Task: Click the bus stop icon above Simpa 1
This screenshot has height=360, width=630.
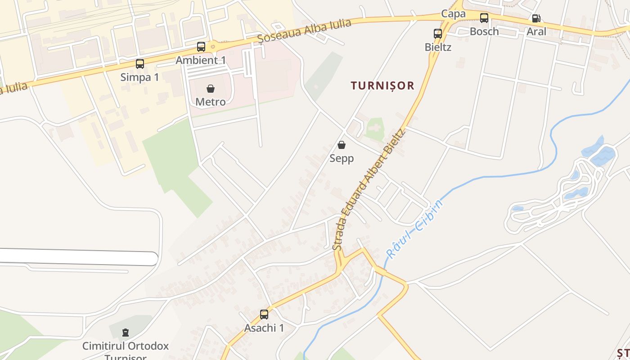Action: click(140, 64)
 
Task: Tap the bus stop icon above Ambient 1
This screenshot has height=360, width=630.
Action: click(201, 47)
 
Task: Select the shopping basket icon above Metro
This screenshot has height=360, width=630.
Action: click(211, 89)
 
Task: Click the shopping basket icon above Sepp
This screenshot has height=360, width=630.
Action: click(342, 145)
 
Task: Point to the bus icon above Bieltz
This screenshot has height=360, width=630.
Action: click(438, 34)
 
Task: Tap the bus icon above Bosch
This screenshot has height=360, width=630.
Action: click(484, 18)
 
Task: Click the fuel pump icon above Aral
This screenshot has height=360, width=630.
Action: click(536, 18)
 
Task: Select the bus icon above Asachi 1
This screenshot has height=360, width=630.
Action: click(264, 315)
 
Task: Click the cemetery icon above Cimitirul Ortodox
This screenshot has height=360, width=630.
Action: click(126, 333)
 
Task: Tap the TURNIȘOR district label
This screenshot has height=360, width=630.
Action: click(382, 85)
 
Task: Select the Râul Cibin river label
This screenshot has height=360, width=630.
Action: click(415, 228)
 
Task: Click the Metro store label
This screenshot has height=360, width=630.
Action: click(211, 102)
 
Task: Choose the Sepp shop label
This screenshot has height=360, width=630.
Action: click(342, 158)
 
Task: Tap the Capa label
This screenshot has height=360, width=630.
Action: click(453, 13)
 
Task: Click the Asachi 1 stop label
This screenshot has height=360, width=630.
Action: click(264, 328)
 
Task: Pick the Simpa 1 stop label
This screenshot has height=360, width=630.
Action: click(140, 77)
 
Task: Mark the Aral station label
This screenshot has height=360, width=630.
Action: click(536, 31)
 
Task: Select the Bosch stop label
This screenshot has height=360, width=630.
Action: click(484, 31)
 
